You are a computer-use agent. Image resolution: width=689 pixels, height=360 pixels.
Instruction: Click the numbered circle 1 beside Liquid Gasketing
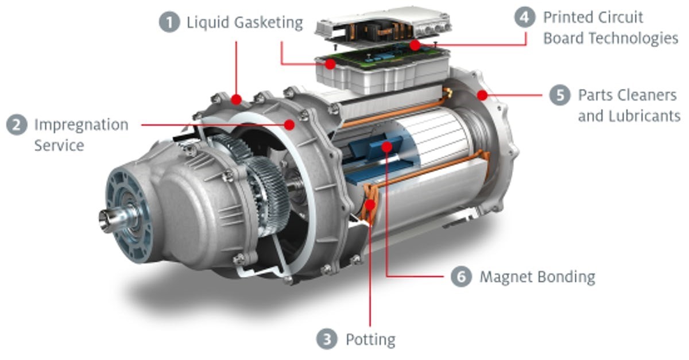point(169,22)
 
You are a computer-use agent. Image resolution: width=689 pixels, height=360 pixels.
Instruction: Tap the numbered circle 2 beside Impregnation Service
point(17,125)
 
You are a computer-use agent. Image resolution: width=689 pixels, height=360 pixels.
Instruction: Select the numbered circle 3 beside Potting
point(327,339)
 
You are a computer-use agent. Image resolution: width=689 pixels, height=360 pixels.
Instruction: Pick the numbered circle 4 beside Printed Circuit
point(525,17)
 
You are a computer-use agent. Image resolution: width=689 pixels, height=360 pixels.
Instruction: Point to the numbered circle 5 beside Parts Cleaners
point(560,95)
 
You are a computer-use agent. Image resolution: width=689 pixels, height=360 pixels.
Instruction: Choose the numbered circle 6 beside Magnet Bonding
point(461,277)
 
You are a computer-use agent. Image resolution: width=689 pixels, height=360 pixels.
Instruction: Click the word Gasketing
point(269,23)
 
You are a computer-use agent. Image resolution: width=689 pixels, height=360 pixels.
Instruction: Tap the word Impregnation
point(82,126)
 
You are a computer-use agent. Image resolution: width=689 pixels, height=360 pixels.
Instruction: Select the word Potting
point(371,340)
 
